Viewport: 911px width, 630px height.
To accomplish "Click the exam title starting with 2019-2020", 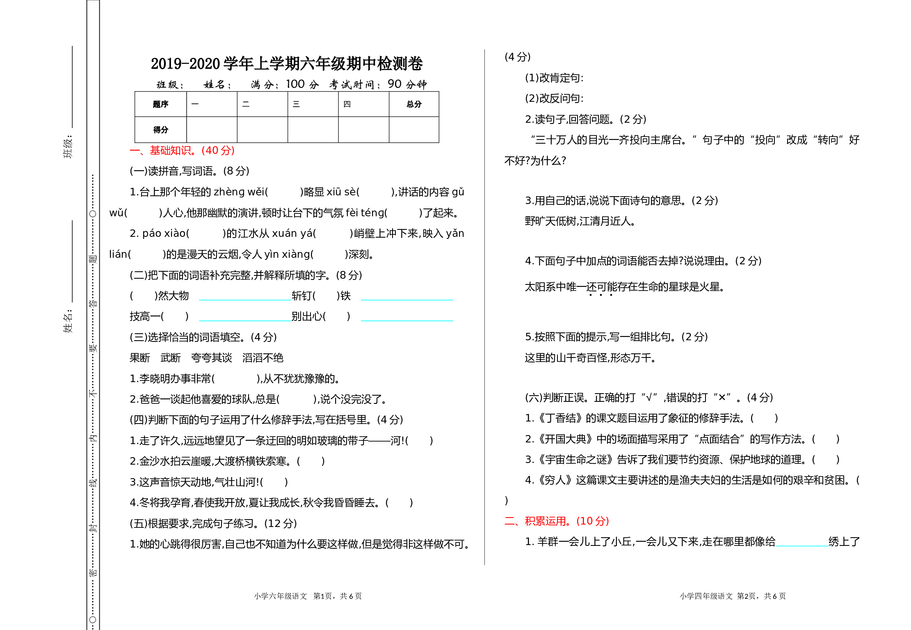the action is click(x=287, y=64).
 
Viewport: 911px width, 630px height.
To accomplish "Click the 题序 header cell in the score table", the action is click(x=161, y=104).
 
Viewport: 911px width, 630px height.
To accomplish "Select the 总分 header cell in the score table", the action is click(x=414, y=104).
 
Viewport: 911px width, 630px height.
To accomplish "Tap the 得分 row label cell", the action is click(x=161, y=130).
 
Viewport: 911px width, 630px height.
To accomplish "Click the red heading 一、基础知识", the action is click(x=182, y=151).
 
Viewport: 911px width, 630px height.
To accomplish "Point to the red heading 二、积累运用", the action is click(x=557, y=521).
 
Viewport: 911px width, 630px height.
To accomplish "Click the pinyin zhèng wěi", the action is click(x=239, y=192).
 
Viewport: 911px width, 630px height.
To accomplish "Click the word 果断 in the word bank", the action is click(x=140, y=358).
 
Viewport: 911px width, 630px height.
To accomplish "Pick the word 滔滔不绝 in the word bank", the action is click(x=263, y=358).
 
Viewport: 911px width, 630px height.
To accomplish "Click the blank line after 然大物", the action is click(x=245, y=300).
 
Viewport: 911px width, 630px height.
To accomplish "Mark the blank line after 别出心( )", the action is click(x=407, y=321).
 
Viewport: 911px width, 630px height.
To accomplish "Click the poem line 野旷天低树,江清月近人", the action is click(x=580, y=221).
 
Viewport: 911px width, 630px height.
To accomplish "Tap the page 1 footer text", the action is click(x=308, y=596).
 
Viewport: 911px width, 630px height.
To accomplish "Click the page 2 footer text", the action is click(x=733, y=596).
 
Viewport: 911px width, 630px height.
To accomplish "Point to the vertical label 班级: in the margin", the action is click(x=68, y=147).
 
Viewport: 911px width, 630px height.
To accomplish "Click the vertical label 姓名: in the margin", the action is click(x=68, y=321).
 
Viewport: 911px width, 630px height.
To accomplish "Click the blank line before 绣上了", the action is click(x=802, y=546).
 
